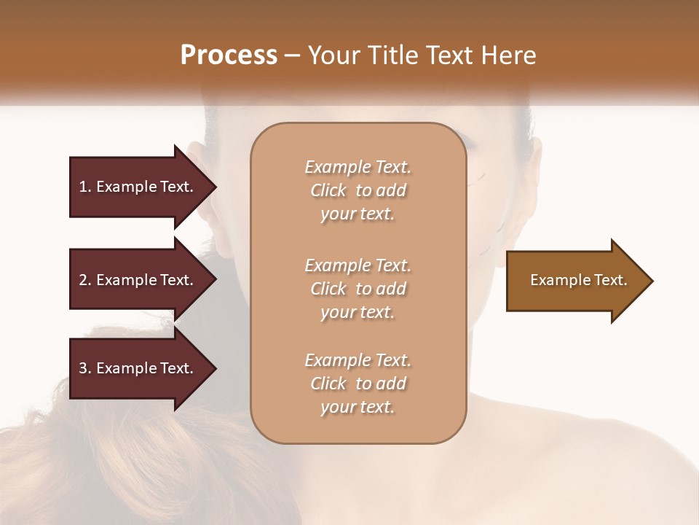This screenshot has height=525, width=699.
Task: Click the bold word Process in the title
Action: [x=229, y=55]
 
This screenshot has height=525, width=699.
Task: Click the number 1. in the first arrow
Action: [x=85, y=187]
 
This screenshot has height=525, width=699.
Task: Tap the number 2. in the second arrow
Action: [x=85, y=280]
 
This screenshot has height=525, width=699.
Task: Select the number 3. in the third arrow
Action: [x=85, y=368]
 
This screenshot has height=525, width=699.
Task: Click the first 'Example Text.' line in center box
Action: [x=358, y=167]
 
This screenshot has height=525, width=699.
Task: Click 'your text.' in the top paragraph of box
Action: [x=358, y=214]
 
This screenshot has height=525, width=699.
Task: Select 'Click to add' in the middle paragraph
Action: [x=358, y=289]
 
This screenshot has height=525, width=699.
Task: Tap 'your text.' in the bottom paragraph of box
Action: [x=358, y=407]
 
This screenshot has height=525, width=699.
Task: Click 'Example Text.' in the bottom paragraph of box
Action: [x=358, y=360]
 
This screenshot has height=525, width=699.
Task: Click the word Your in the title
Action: [x=331, y=55]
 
